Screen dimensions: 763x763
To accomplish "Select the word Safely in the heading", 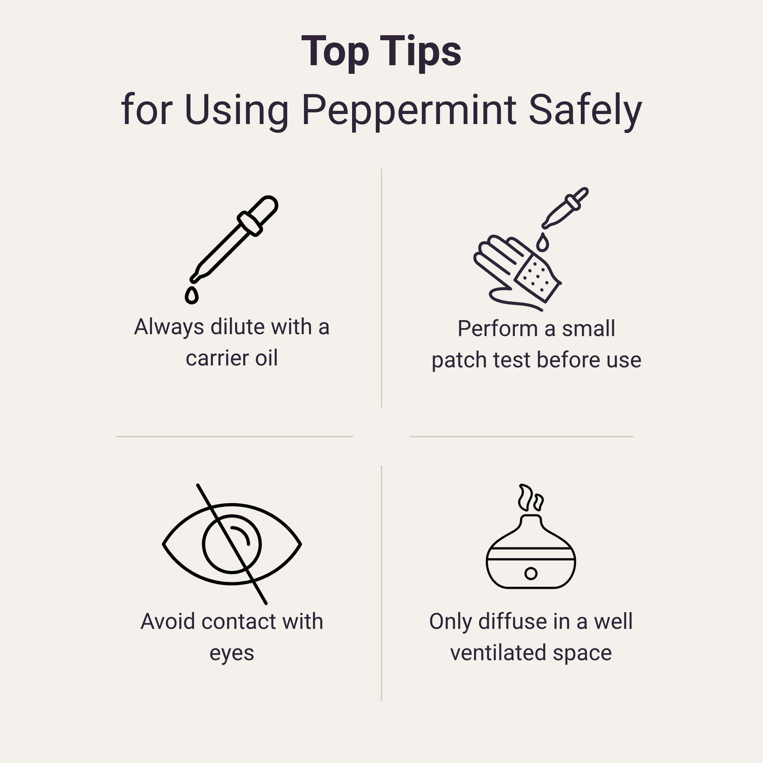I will (x=585, y=110).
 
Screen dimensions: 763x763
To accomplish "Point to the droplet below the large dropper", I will (x=192, y=295).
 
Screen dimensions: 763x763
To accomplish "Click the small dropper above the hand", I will (x=566, y=208).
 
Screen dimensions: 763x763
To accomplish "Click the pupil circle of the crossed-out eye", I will (x=232, y=544).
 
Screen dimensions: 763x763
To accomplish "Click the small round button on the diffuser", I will (x=531, y=573).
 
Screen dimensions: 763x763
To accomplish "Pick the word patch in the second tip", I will (x=459, y=360).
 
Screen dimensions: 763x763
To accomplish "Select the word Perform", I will (x=497, y=328).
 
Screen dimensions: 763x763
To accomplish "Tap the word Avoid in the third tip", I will (x=168, y=621).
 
